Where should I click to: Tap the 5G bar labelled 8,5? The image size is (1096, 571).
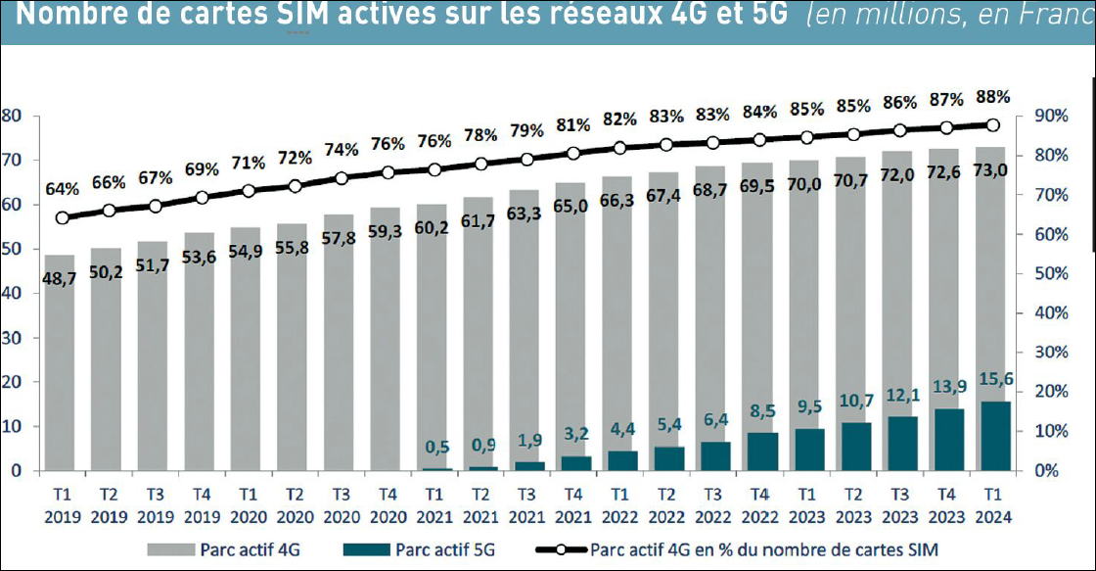tap(761, 452)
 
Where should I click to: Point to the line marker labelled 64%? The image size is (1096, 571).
tap(63, 218)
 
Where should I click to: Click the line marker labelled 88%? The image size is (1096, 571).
tap(992, 125)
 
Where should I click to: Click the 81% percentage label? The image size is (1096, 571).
tap(573, 124)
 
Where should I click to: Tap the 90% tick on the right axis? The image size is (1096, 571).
tap(1040, 117)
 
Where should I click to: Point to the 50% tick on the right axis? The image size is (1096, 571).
tap(1040, 274)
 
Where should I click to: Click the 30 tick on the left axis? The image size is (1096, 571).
tap(12, 338)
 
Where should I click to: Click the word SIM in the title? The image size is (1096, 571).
tap(293, 17)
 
